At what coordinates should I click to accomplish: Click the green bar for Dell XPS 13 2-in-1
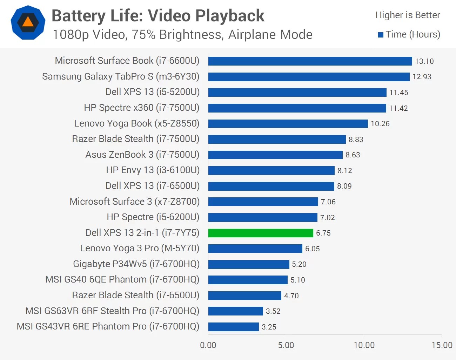[x=261, y=233]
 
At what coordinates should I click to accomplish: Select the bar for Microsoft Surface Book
[x=310, y=61]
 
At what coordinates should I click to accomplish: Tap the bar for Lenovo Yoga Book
[x=288, y=124]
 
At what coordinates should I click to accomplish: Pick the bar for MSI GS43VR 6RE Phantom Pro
[x=234, y=327]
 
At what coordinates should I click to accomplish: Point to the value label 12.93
[x=422, y=77]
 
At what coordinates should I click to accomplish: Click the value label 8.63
[x=353, y=155]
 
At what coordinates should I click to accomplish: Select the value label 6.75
[x=323, y=233]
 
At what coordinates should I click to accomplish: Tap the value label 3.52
[x=273, y=311]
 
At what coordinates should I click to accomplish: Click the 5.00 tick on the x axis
[x=286, y=345]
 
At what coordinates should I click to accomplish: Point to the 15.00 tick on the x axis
[x=442, y=345]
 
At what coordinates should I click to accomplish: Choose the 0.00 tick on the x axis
[x=208, y=345]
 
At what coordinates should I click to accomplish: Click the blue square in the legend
[x=381, y=35]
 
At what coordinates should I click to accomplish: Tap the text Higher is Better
[x=408, y=15]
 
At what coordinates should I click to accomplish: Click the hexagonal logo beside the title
[x=28, y=22]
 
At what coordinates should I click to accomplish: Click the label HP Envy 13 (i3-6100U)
[x=153, y=170]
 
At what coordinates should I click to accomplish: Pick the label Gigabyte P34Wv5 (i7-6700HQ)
[x=136, y=264]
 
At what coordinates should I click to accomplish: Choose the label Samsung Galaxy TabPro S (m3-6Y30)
[x=121, y=77]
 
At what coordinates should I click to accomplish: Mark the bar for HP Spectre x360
[x=297, y=108]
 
